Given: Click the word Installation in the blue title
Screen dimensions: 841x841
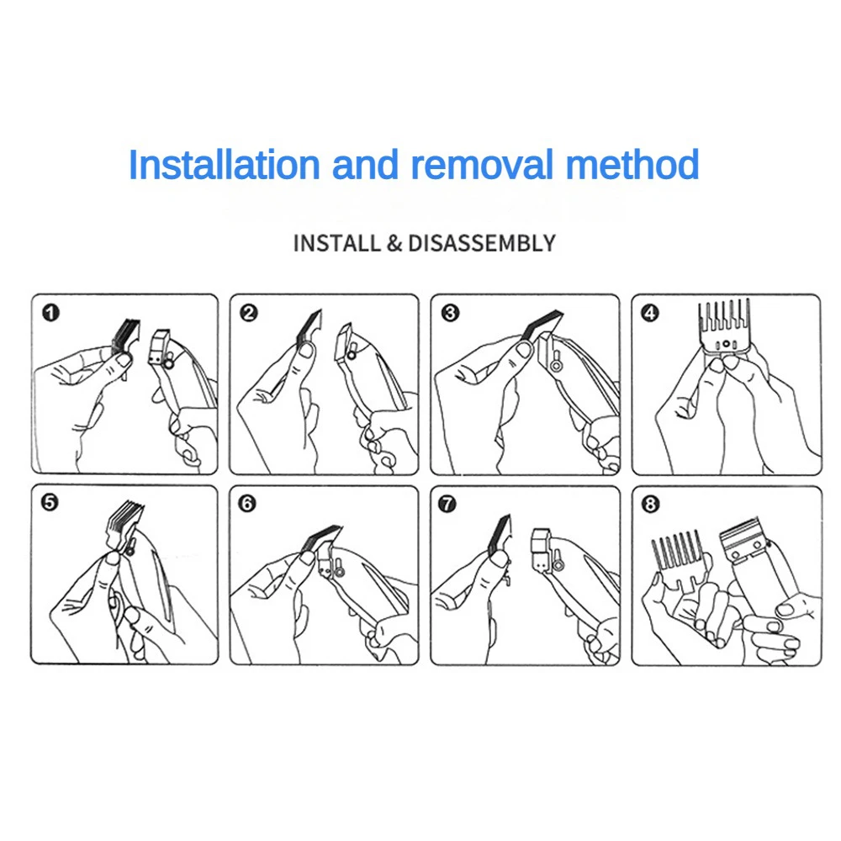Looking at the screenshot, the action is pos(225,165).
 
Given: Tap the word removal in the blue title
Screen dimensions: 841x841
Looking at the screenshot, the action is pos(481,165).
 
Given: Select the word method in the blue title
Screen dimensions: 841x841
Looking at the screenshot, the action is pos(632,165).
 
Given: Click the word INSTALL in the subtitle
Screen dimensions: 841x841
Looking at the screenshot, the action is pos(337,244).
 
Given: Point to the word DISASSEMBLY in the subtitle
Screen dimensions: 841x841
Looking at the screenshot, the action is pos(482,244).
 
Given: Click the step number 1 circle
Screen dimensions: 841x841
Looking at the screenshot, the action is pos(51,313).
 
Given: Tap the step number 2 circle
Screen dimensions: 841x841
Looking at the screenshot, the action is pos(249,313).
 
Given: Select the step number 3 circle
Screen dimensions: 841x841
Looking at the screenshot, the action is pos(450,313).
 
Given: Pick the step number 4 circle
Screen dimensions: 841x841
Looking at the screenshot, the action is pos(650,313).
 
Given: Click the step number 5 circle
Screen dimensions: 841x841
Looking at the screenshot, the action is pos(50,503).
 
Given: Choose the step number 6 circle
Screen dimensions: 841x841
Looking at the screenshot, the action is pos(246,503).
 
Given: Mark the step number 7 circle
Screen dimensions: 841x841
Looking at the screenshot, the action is pos(447,504).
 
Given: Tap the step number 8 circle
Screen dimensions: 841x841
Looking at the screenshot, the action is pos(650,504).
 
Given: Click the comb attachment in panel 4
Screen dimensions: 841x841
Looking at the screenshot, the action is pos(725,327).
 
